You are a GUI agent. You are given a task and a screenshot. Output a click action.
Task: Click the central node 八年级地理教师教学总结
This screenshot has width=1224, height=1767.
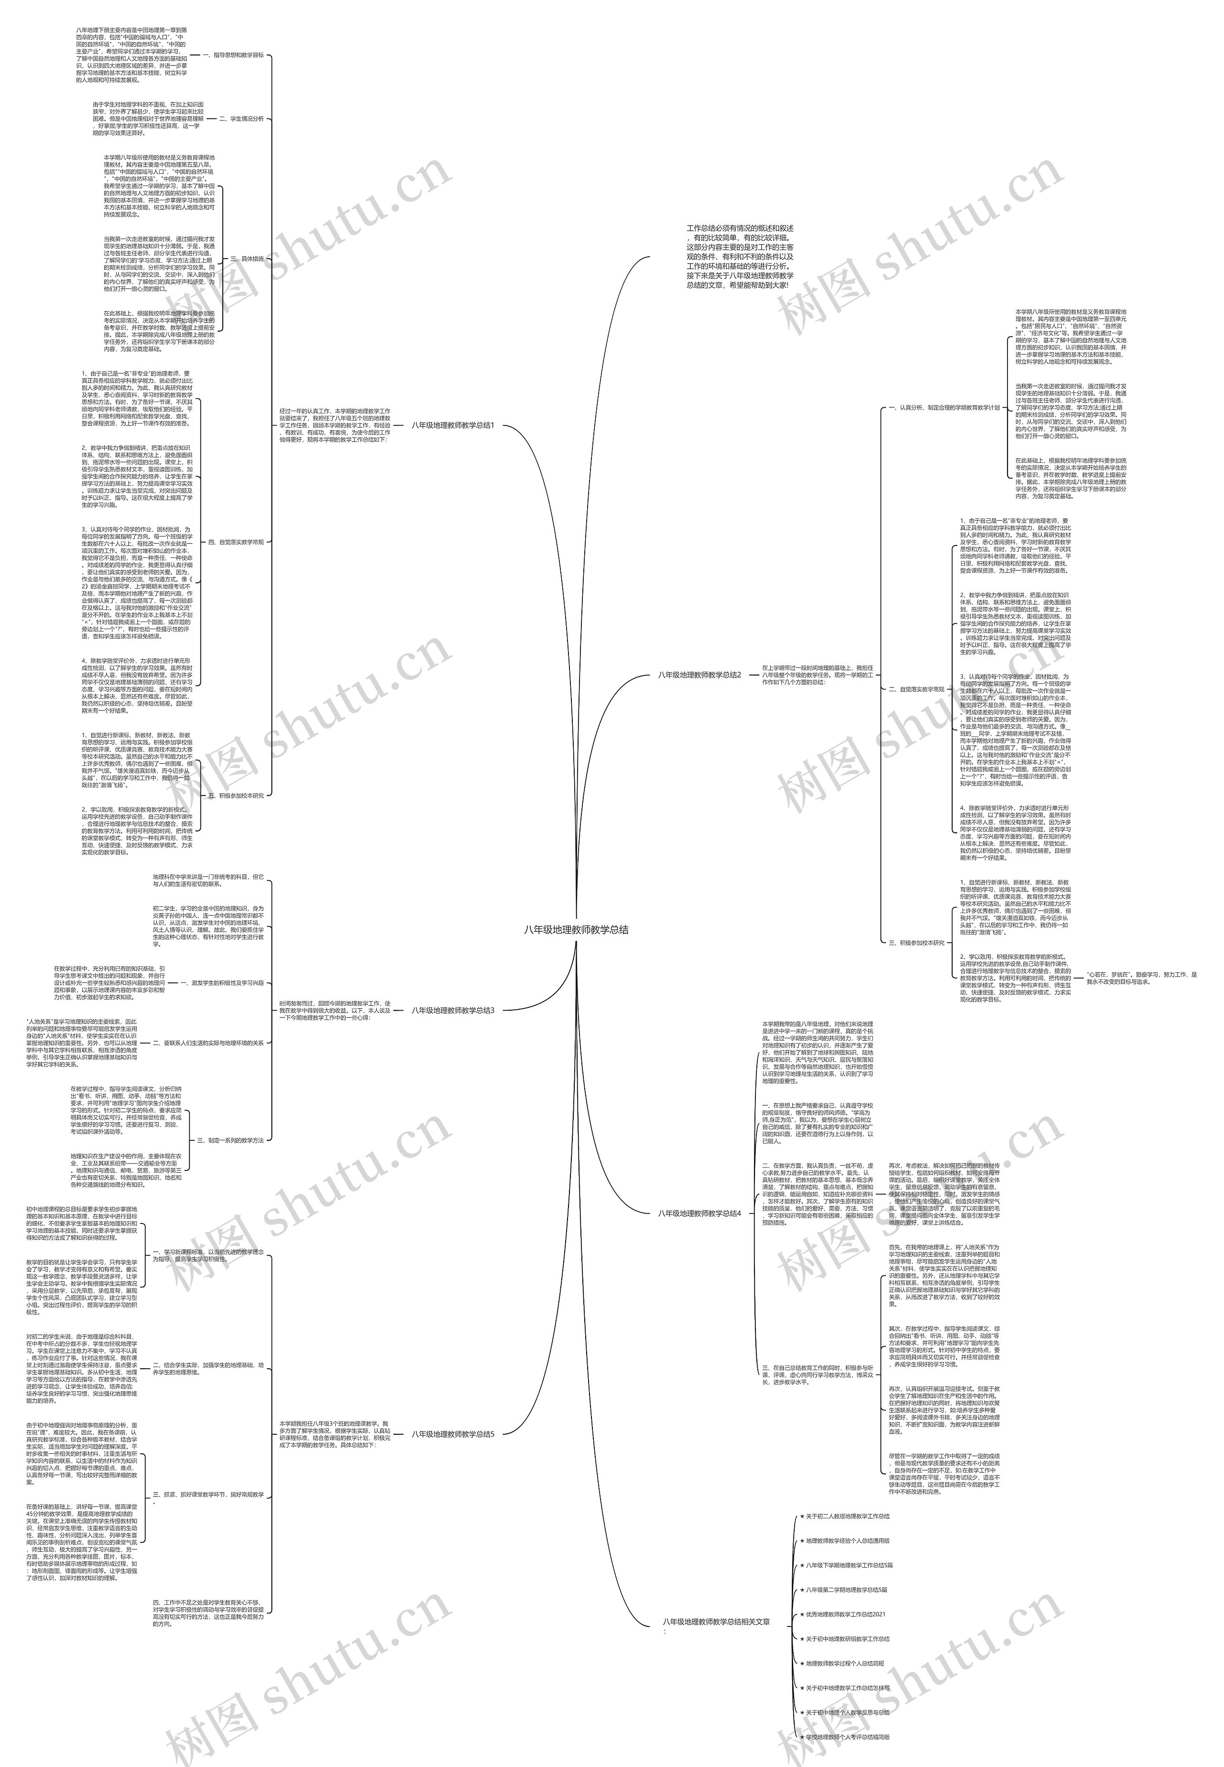pos(576,929)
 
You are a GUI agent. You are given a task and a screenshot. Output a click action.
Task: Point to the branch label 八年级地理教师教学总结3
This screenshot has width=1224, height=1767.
pos(452,1010)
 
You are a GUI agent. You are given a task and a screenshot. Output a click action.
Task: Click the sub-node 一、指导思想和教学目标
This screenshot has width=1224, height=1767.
pos(233,55)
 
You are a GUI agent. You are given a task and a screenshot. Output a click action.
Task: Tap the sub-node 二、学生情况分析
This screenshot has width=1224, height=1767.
pos(241,119)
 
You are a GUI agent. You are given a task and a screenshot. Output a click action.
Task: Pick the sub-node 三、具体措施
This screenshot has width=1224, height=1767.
pos(247,259)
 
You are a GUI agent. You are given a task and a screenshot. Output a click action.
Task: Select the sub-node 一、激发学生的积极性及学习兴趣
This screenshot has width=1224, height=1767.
pos(222,982)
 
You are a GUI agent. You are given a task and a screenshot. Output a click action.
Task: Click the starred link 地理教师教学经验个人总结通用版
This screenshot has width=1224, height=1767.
pos(847,1518)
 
